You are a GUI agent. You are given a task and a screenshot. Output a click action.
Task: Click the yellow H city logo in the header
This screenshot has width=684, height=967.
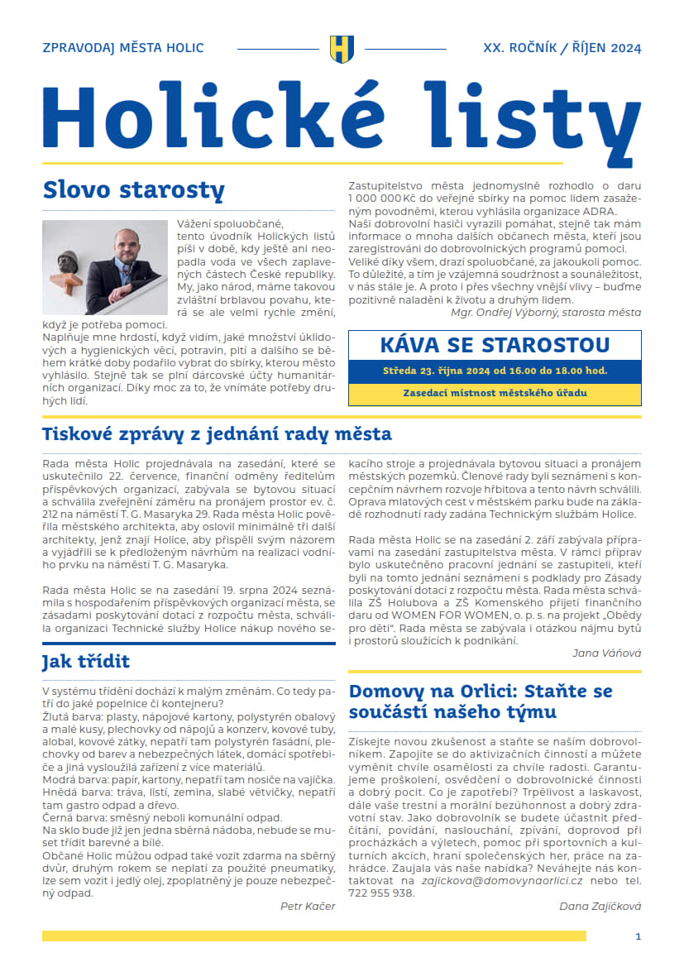pos(341,48)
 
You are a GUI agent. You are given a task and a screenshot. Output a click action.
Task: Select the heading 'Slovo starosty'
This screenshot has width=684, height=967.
pos(133,189)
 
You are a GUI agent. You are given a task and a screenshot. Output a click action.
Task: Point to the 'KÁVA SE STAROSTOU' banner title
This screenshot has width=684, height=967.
pos(495,345)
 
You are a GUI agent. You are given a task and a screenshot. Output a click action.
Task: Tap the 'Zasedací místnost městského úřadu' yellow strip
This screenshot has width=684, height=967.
pos(495,394)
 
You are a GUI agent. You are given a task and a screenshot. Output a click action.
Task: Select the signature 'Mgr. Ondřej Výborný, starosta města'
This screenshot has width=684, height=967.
pos(545,313)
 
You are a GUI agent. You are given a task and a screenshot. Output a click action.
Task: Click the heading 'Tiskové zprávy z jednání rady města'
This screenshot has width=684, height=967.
pos(217,434)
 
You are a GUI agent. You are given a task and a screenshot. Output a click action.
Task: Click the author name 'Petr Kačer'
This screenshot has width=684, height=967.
pos(308,906)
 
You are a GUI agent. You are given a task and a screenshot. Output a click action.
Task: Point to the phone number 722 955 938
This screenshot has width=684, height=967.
pos(381,893)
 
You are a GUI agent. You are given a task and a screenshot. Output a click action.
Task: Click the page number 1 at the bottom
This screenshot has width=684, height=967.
pos(638,936)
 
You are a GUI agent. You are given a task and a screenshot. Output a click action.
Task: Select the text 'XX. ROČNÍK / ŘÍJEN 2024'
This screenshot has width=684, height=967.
pos(562,48)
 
